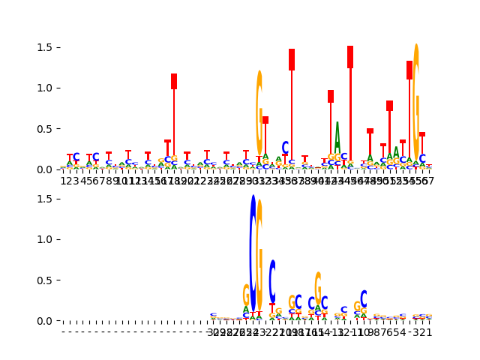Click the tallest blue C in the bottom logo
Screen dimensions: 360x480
(253, 255)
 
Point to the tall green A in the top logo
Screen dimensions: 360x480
(337, 142)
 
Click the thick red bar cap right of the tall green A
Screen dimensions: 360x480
(350, 57)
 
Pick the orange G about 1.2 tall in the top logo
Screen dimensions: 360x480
(259, 112)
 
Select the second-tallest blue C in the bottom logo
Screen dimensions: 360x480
(272, 280)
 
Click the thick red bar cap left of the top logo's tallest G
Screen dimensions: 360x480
(409, 70)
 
